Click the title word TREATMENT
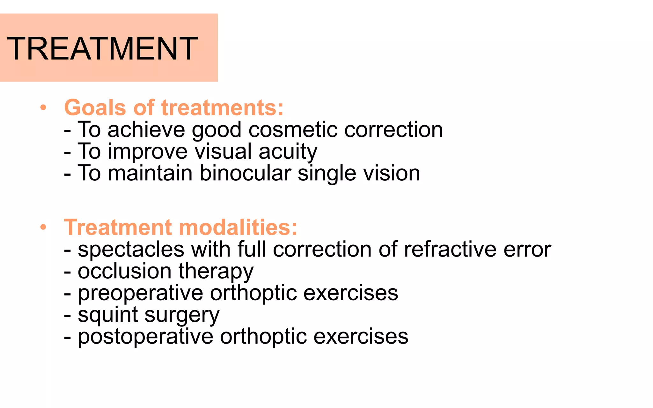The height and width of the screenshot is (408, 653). (102, 48)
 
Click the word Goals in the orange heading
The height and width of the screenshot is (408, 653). (95, 108)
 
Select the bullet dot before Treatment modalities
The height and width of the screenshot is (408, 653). (43, 227)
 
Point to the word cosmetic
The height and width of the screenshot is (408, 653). (293, 130)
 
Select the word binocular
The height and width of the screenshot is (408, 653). (245, 173)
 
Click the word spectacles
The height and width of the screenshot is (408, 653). (131, 250)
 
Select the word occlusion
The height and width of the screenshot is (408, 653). (125, 271)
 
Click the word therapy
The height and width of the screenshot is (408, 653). (216, 272)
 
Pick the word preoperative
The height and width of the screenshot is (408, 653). (141, 293)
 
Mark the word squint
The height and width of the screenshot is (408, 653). (108, 315)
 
